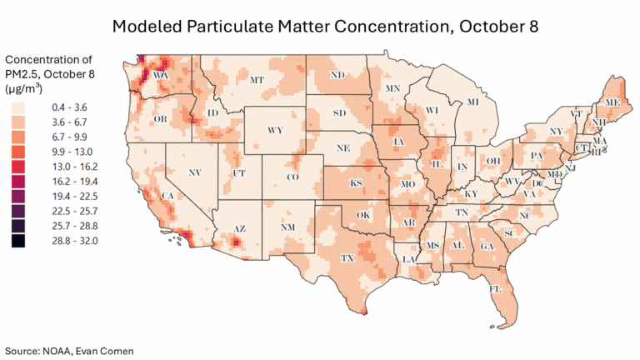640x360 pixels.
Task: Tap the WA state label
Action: click(x=162, y=76)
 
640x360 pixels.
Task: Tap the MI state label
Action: click(x=472, y=102)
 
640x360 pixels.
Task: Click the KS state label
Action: click(x=355, y=182)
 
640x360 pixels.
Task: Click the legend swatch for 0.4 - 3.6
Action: click(x=18, y=107)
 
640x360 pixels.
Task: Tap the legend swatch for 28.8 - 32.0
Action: click(x=18, y=240)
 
